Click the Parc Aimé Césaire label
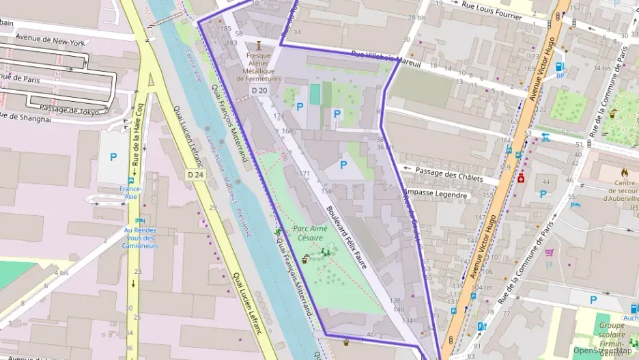click(311, 233)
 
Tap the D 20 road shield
click(259, 90)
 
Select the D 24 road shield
click(195, 174)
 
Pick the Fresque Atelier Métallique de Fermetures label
click(259, 67)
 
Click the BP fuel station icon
click(560, 67)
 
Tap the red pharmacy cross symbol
click(521, 178)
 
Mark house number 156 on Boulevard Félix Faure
click(326, 191)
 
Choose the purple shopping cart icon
click(549, 252)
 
